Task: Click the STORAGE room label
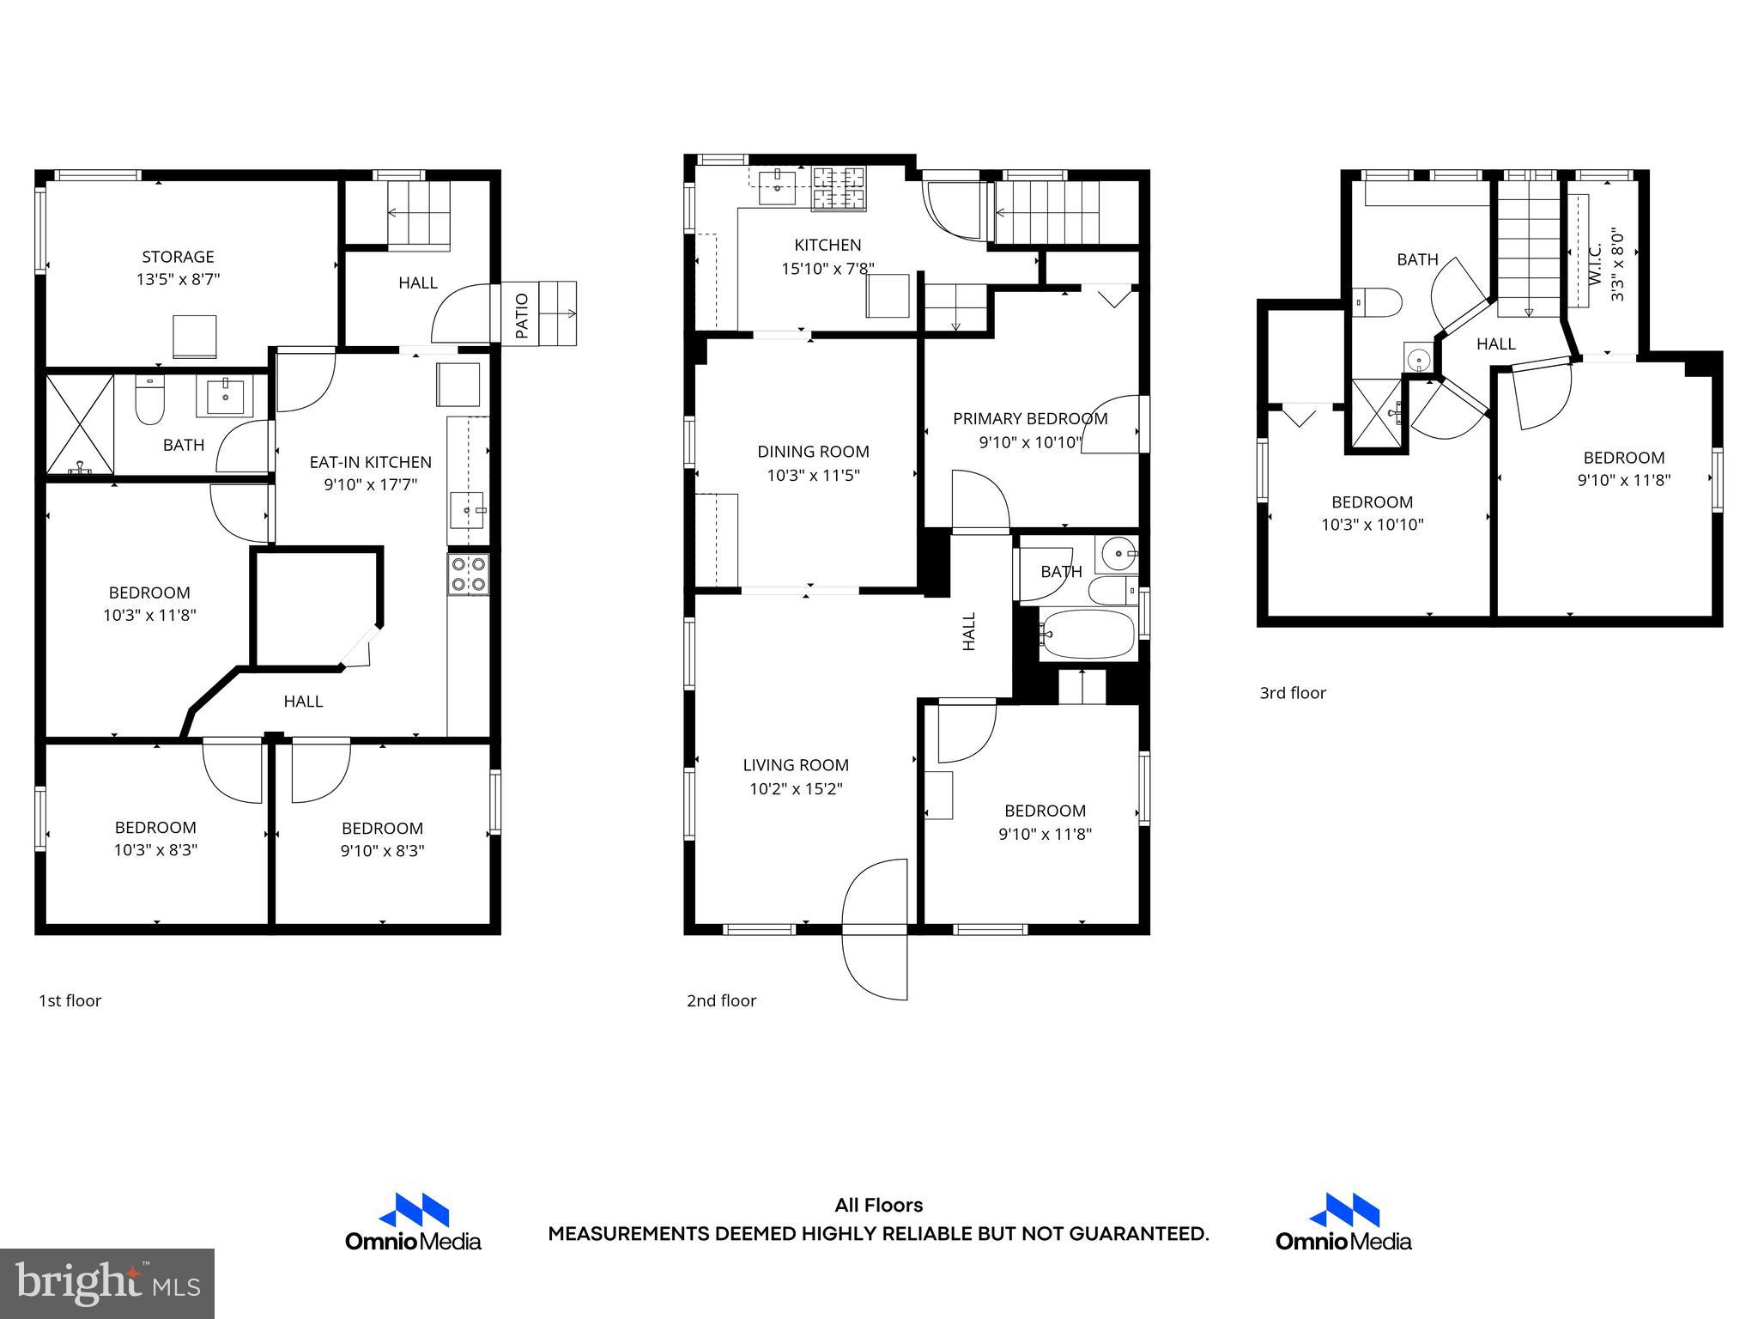[178, 257]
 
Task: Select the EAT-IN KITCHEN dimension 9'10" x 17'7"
[370, 485]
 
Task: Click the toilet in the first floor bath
[150, 402]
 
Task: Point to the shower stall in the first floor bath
[79, 423]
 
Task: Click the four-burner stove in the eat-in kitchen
[469, 574]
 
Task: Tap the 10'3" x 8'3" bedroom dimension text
[155, 850]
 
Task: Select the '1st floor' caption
[70, 1000]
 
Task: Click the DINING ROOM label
[813, 452]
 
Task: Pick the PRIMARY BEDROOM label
[1030, 419]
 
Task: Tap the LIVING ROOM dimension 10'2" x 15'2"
[796, 788]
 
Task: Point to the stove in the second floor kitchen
[839, 188]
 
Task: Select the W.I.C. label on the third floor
[1595, 264]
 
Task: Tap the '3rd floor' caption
[1292, 693]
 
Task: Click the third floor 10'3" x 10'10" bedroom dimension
[1372, 525]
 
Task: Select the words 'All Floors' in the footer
[878, 1206]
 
